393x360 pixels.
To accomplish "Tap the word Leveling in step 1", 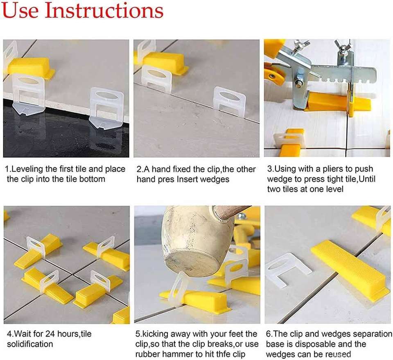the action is [x=27, y=170].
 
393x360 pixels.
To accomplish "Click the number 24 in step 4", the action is [x=50, y=334].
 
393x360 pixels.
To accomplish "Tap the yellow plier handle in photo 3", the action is [x=274, y=75].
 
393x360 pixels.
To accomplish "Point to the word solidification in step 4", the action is [x=30, y=344].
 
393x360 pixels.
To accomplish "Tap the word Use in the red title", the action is [x=20, y=11].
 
